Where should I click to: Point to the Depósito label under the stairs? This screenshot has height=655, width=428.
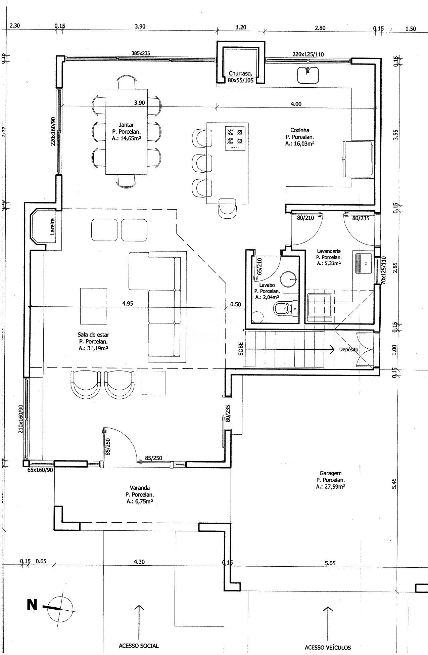348,349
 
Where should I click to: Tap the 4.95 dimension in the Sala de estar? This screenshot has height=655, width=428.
128,304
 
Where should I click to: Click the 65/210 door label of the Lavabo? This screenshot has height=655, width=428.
259,266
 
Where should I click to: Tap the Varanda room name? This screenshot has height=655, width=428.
140,488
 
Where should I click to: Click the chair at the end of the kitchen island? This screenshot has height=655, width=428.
228,207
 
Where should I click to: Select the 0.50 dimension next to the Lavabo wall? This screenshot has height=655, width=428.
235,304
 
